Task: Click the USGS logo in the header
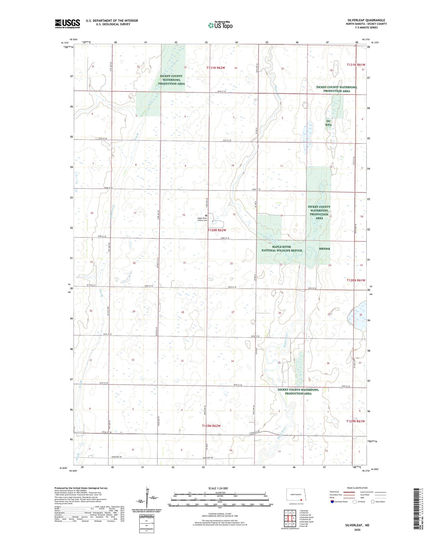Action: tap(67, 24)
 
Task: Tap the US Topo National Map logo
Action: tap(220, 25)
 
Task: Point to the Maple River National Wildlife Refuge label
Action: tap(282, 249)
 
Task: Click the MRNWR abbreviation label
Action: tap(324, 249)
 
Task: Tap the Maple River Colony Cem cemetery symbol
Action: tap(206, 216)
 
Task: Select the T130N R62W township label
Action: tap(217, 230)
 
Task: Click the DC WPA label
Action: tap(328, 123)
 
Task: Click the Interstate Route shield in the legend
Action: tap(332, 502)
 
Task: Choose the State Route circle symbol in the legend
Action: tap(373, 501)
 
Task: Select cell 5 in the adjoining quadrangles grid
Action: tap(294, 518)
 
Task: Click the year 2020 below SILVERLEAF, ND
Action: tap(357, 530)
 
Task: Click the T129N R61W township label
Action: tap(356, 421)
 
